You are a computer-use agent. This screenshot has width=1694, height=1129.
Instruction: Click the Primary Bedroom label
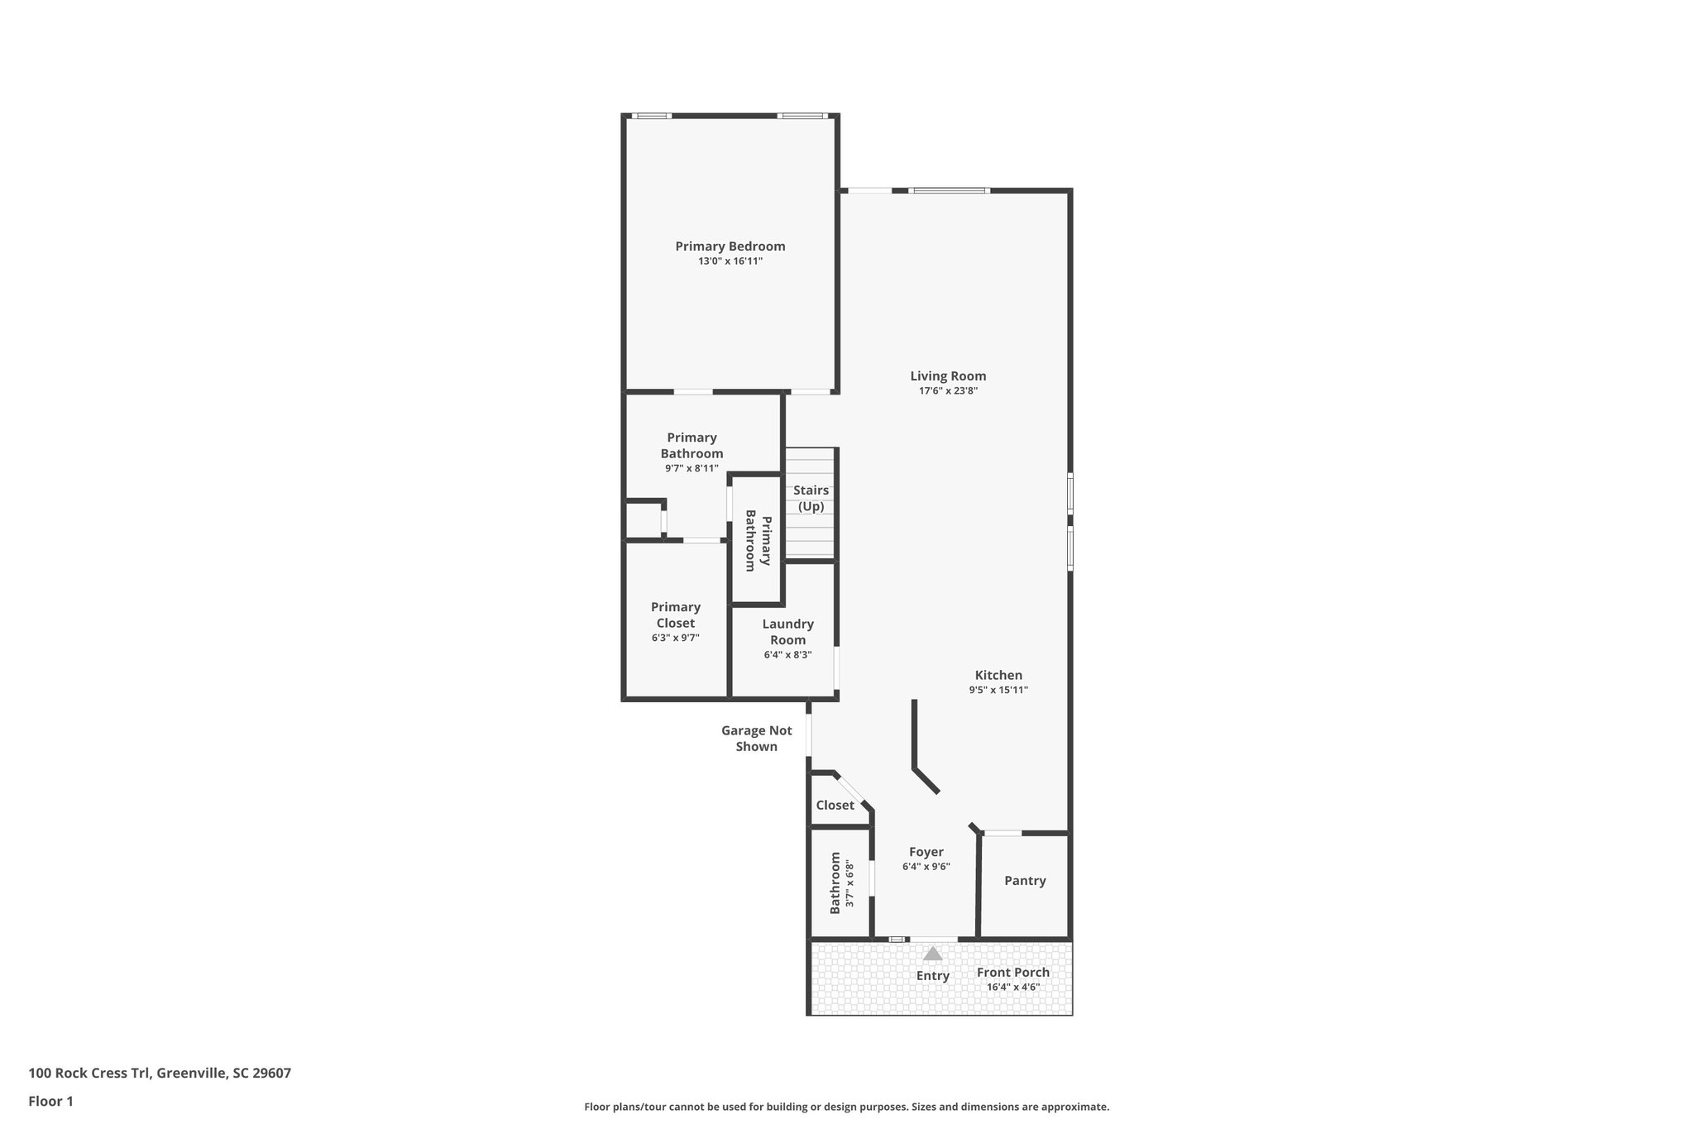coord(730,246)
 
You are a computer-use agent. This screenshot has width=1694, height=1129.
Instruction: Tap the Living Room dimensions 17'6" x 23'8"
coord(948,391)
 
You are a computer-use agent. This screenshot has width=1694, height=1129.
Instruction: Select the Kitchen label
coord(998,675)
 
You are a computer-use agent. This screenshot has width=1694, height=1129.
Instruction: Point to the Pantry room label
coord(1025,881)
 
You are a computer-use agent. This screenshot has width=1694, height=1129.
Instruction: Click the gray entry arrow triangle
coord(932,954)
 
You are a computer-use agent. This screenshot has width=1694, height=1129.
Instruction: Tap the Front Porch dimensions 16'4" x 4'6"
coord(1012,987)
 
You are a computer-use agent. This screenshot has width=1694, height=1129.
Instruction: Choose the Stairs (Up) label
coord(811,498)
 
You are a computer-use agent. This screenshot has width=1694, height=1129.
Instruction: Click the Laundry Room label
coord(787,632)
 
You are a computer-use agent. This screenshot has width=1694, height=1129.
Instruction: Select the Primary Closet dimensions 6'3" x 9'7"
coord(675,638)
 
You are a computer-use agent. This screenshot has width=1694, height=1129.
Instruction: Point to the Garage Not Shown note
coord(756,739)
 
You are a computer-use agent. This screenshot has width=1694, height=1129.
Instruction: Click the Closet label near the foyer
coord(835,806)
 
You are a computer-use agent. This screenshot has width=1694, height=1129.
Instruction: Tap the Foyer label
coord(926,852)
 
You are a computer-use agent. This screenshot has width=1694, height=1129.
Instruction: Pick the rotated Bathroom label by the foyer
coord(835,883)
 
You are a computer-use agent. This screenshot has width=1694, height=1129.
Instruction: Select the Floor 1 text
coord(50,1101)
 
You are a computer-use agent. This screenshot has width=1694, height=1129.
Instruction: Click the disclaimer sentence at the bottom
coord(846,1107)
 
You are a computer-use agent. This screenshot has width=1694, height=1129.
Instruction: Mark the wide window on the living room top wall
coord(948,191)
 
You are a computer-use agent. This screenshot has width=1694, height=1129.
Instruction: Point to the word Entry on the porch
coord(932,976)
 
